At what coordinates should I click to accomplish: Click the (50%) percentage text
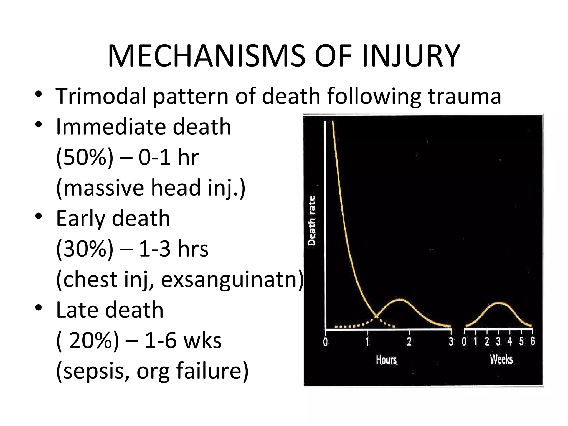85,157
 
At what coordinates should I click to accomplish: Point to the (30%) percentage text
85,249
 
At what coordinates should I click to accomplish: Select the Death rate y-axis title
312,220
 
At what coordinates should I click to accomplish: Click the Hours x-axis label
386,360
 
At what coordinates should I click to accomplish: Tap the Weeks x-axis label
501,359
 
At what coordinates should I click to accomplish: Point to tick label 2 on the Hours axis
409,342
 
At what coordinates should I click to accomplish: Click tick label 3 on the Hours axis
451,342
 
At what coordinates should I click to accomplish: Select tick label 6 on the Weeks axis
532,341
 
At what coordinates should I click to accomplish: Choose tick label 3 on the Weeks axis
498,341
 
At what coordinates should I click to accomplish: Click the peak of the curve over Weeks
499,302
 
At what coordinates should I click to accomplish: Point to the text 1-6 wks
183,341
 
